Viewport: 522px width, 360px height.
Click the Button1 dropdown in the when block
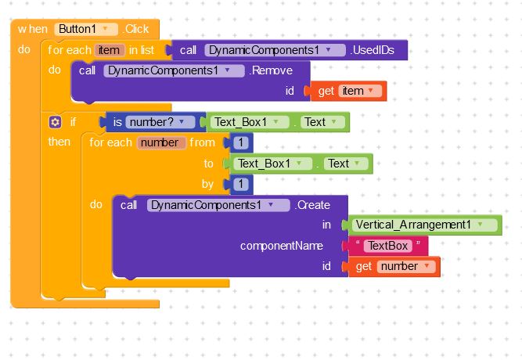click(86, 29)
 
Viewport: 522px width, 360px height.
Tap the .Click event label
click(136, 29)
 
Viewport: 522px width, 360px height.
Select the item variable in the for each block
click(110, 50)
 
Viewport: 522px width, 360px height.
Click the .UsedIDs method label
click(373, 50)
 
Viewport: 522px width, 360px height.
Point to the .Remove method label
click(271, 70)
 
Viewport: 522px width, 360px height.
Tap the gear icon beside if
click(55, 122)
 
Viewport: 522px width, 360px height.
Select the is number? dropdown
click(160, 122)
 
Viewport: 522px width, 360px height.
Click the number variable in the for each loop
click(161, 142)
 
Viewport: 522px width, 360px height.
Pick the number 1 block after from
click(241, 142)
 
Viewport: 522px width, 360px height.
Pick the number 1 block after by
click(241, 184)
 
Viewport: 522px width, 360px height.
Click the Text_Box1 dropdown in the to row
click(272, 164)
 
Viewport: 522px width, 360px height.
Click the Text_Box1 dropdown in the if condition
click(250, 122)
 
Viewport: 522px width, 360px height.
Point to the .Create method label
click(312, 205)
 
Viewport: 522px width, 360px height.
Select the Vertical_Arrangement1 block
click(422, 225)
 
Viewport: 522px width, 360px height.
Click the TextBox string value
click(388, 246)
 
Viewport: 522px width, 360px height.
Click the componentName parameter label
click(282, 246)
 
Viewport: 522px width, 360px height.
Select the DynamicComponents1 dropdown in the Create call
click(218, 205)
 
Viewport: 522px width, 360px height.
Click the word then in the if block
click(59, 142)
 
